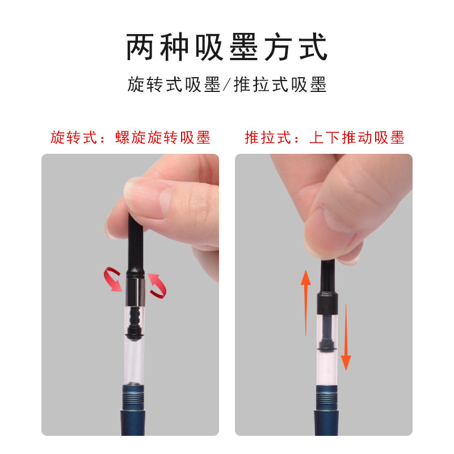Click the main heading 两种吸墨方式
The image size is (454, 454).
(227, 48)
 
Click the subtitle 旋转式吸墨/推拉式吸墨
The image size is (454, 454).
(227, 85)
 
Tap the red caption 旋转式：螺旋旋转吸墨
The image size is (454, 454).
(130, 137)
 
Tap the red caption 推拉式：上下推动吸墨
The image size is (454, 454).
(324, 137)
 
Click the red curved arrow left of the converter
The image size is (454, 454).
(112, 281)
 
